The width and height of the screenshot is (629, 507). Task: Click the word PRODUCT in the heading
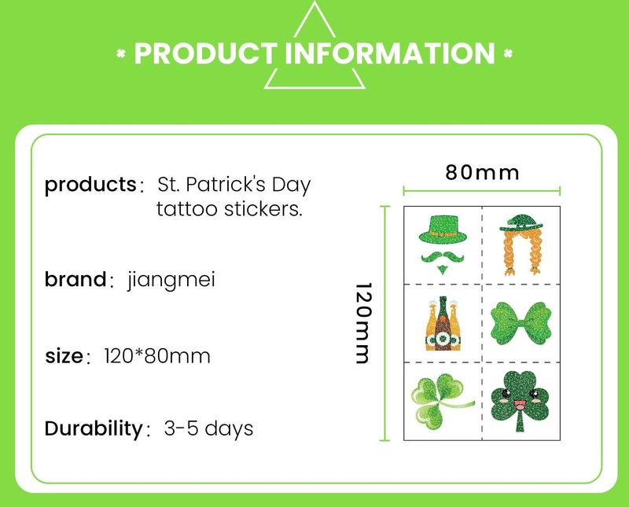click(x=206, y=53)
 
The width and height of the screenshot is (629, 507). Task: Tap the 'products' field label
click(x=90, y=186)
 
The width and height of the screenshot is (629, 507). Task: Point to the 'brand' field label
click(x=75, y=279)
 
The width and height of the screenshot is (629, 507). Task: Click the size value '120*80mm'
click(x=157, y=356)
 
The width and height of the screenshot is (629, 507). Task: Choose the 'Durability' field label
click(x=92, y=429)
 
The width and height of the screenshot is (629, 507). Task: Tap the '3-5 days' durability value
click(x=208, y=429)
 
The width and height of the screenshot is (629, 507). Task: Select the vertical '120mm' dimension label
click(x=361, y=323)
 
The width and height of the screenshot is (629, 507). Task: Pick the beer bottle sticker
click(x=442, y=322)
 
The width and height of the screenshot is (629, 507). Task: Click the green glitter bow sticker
click(x=520, y=321)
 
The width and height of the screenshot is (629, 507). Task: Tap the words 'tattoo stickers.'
click(x=229, y=210)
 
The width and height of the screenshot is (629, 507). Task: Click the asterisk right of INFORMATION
click(x=508, y=54)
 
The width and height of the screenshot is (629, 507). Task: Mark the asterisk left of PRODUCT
click(x=121, y=54)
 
